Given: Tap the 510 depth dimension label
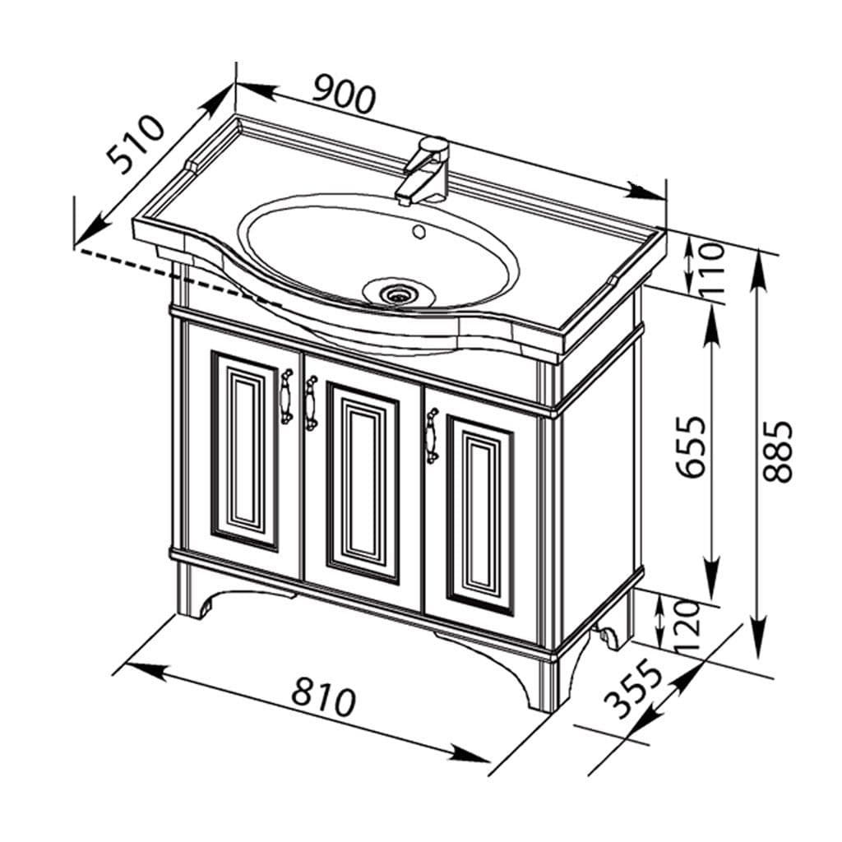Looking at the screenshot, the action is (x=135, y=145).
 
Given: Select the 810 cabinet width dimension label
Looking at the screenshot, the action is (x=323, y=695).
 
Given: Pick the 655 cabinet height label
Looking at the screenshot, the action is (x=691, y=446).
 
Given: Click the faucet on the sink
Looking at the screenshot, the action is (x=424, y=171).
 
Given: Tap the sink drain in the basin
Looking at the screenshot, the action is (x=397, y=293).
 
